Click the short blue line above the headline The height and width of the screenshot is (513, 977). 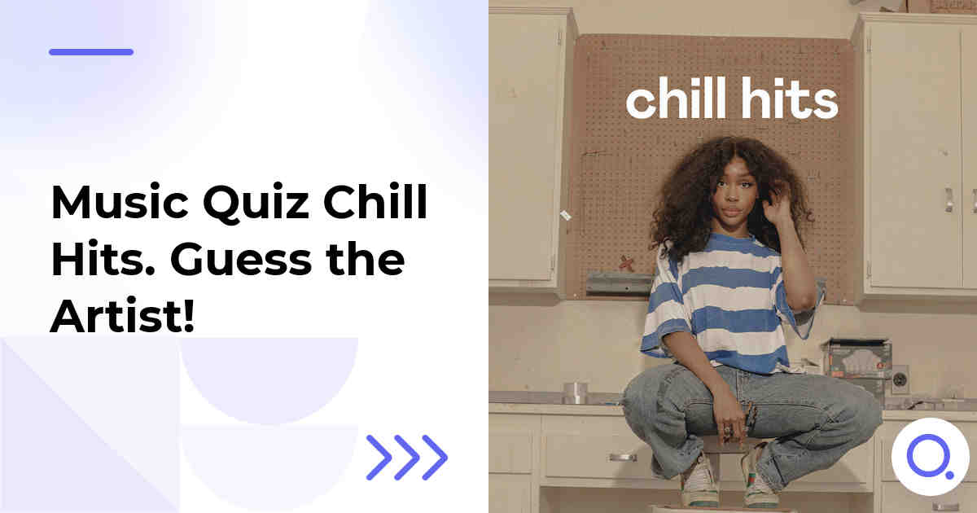91,52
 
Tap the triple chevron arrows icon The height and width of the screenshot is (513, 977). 407,457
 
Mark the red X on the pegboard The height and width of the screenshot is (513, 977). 625,262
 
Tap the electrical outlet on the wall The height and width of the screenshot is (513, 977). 900,379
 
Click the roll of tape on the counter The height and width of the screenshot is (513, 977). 576,392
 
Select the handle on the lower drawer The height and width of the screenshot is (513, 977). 623,457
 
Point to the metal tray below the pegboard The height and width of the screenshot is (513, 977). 619,283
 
